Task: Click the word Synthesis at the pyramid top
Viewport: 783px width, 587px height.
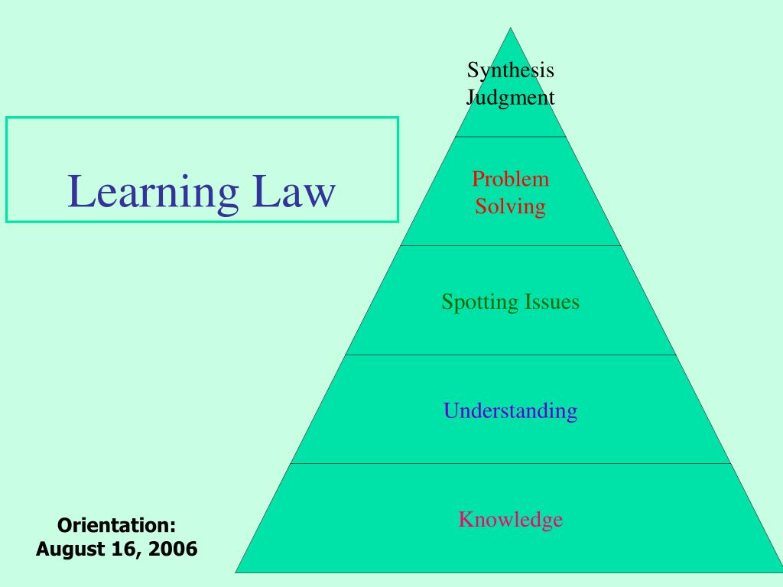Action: coord(510,70)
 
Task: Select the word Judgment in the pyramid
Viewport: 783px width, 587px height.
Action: coord(510,97)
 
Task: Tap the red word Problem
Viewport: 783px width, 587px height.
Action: coord(510,179)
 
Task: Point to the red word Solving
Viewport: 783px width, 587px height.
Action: coord(510,206)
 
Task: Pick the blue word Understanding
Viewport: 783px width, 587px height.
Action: coord(510,410)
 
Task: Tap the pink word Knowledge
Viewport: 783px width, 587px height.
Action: coord(510,520)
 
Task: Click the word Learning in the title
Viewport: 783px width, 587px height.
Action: coord(153,193)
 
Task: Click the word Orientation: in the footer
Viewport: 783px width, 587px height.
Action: coord(116,525)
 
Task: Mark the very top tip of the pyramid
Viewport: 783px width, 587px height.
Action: coord(510,28)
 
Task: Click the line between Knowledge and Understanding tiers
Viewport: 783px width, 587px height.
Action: coord(510,464)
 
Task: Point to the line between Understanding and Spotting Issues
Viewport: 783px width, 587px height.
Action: coord(510,355)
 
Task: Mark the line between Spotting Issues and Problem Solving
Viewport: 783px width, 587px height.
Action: coord(510,245)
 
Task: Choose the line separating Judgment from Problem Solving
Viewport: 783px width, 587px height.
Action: coord(510,137)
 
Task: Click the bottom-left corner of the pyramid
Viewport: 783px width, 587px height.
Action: coord(236,572)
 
